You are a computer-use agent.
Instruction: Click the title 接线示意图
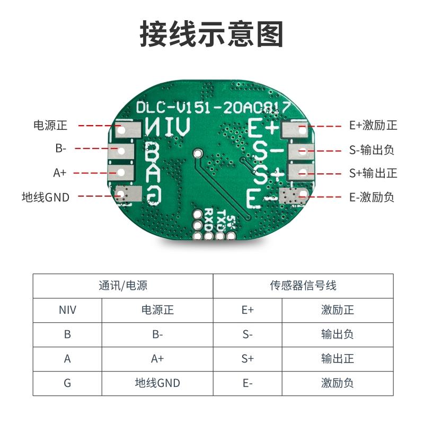coord(211,34)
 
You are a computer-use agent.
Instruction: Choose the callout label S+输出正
coord(373,173)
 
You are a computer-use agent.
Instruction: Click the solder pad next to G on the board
coord(126,196)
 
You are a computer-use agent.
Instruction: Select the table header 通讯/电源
coord(123,286)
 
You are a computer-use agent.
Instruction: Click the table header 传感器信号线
coord(303,286)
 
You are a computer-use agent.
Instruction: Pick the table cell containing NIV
coord(67,310)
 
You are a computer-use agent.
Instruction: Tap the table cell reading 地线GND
coord(157,383)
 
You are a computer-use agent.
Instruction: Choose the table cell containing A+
coord(157,359)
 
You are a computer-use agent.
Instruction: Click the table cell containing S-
coord(248,334)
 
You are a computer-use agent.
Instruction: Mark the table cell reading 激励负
coord(338,383)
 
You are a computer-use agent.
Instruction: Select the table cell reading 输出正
coord(338,359)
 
